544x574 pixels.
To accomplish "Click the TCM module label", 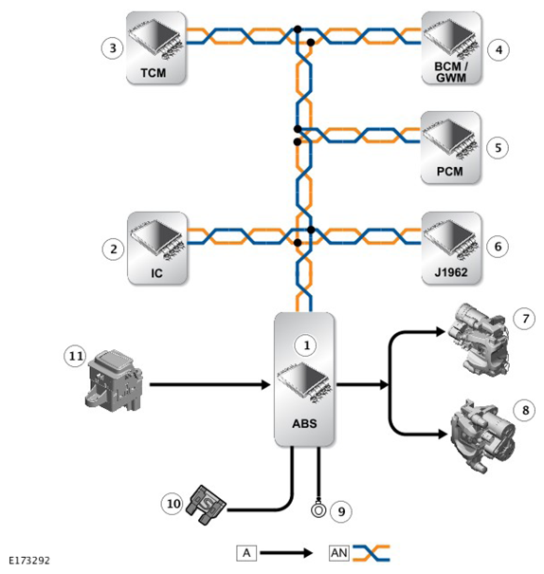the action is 154,73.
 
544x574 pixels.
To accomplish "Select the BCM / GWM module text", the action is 451,72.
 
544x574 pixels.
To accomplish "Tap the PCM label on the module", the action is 449,171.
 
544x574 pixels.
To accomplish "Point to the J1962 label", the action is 451,272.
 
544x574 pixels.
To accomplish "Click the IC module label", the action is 156,273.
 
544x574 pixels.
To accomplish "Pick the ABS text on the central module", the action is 304,423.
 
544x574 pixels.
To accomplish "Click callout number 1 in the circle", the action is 306,345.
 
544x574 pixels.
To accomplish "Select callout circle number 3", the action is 113,48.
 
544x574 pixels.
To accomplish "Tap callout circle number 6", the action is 498,247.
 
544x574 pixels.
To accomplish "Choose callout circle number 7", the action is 525,319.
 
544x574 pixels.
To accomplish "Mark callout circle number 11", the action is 76,356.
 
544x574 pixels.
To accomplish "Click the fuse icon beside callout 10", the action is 207,505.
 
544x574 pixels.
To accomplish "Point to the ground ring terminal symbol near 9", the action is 318,509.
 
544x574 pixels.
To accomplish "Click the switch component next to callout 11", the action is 115,380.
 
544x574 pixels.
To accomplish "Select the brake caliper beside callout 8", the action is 483,435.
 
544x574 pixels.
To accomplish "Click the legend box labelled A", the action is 246,553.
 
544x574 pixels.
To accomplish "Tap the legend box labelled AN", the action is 339,553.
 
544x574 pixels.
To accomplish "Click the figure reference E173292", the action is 29,561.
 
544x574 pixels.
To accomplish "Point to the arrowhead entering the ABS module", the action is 266,385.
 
